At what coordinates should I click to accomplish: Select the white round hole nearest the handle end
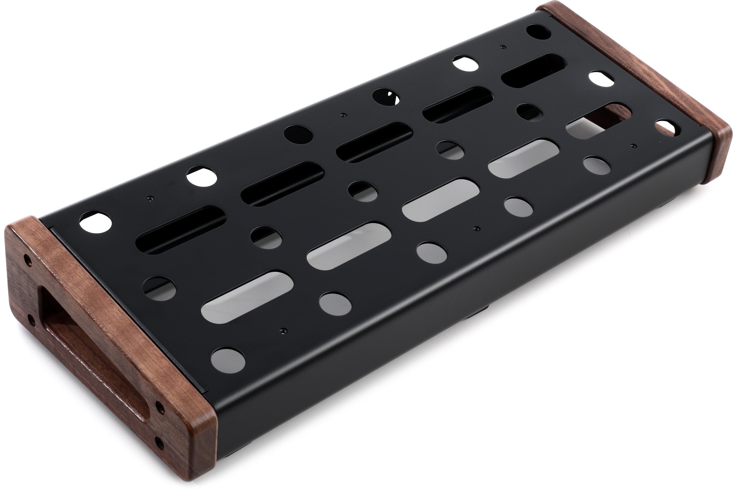(x=95, y=222)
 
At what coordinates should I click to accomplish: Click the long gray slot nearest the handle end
(x=247, y=297)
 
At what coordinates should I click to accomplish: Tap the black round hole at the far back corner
(x=538, y=32)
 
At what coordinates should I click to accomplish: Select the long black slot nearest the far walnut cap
(x=533, y=71)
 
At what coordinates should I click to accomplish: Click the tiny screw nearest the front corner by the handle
(x=283, y=330)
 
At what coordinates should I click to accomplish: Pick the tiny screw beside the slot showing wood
(x=633, y=146)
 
